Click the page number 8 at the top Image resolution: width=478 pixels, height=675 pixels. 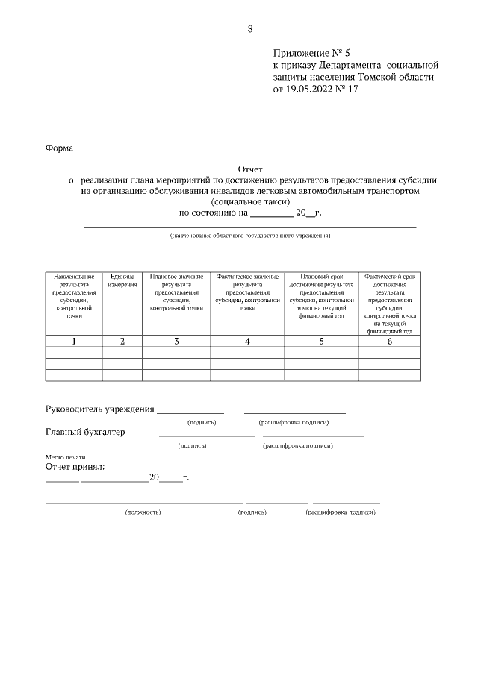pos(250,29)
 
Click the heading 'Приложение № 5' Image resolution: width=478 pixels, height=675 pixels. pos(311,54)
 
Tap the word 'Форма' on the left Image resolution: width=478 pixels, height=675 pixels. pos(60,148)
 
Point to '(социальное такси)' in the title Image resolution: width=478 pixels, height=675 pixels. pos(250,201)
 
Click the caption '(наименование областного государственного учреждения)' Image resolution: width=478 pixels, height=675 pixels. pos(250,236)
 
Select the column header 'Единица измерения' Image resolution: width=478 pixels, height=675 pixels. pos(122,280)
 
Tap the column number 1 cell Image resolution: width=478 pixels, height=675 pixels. pos(74,341)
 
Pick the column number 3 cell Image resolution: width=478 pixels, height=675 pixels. pos(176,341)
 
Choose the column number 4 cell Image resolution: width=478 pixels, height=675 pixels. pos(247,341)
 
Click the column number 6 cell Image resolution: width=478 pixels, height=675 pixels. pos(389,341)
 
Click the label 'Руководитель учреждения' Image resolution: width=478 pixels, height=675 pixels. pos(100,409)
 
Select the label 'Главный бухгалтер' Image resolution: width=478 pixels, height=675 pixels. pos(85,432)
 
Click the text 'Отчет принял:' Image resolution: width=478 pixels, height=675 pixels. pos(75,467)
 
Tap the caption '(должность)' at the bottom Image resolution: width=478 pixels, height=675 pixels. pos(143,512)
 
